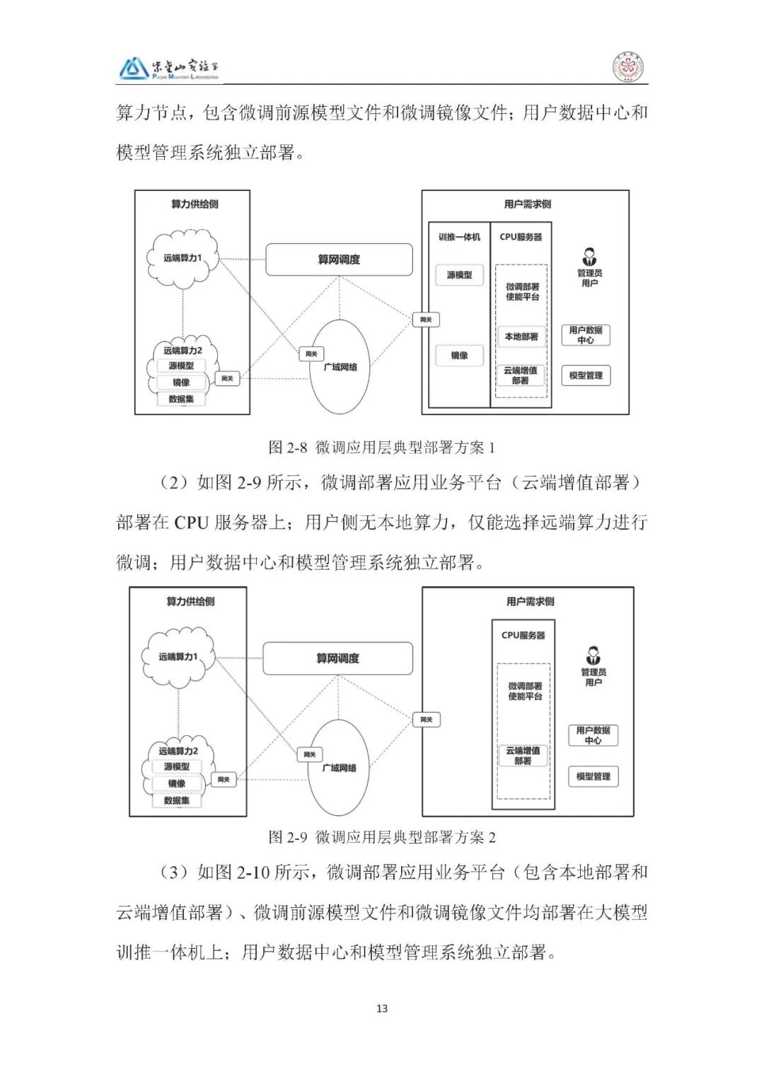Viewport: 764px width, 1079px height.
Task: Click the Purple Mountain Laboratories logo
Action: [x=169, y=68]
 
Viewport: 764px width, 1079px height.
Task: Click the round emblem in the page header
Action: [x=627, y=69]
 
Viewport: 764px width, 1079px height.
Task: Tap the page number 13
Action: [x=382, y=1008]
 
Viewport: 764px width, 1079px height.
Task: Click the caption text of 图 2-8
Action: [x=382, y=447]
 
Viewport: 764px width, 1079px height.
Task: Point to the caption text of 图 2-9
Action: [x=382, y=837]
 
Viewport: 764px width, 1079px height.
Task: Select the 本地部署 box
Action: [x=521, y=337]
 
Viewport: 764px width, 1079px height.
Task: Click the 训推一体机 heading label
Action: [x=459, y=237]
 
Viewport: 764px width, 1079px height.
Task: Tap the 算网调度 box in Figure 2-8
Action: [x=339, y=259]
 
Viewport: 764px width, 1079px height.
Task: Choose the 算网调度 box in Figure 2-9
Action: [x=337, y=658]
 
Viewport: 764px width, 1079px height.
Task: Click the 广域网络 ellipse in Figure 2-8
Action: [x=340, y=367]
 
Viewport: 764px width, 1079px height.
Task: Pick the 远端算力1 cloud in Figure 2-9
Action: [x=178, y=657]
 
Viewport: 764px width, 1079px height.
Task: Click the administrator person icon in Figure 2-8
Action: [x=589, y=256]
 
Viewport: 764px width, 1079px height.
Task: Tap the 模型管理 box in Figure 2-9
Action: [x=593, y=776]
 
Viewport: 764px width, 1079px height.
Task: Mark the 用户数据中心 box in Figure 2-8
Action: [x=586, y=335]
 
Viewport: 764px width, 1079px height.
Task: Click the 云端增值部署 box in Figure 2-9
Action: [x=523, y=755]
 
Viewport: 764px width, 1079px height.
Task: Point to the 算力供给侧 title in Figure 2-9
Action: [x=190, y=602]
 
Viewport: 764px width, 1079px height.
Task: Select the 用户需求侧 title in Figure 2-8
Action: [x=527, y=204]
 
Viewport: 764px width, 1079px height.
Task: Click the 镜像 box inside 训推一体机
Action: [x=459, y=356]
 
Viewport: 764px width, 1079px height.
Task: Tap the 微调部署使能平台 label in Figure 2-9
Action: [x=525, y=691]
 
